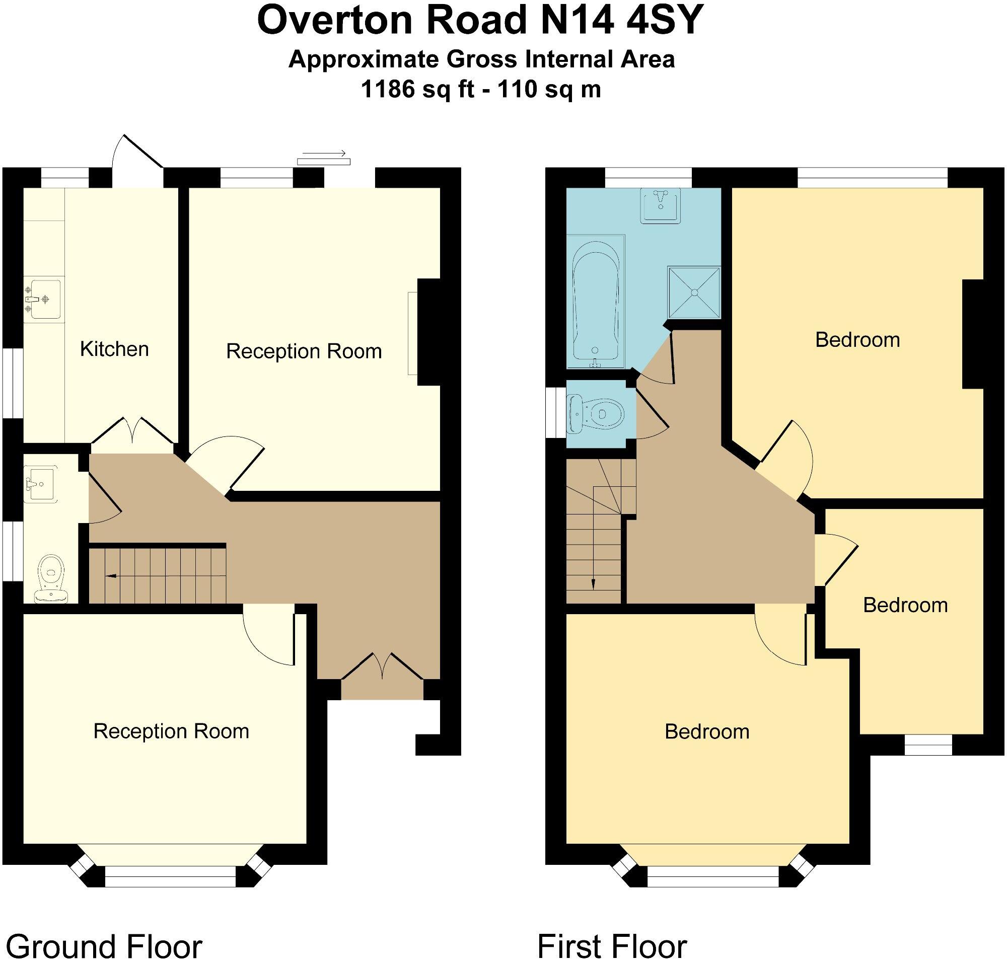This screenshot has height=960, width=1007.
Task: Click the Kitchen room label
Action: [114, 349]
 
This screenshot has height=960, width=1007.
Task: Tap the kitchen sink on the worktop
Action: [44, 300]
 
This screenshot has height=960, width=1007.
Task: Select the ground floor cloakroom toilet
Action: [51, 578]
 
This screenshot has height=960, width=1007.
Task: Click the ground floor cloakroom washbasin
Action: [40, 484]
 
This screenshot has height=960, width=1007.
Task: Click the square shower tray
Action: [694, 292]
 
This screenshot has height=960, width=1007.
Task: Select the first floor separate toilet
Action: [598, 413]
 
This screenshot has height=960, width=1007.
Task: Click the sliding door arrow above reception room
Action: [324, 153]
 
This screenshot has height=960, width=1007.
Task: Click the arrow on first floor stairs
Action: [593, 583]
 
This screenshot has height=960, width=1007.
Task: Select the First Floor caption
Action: [612, 945]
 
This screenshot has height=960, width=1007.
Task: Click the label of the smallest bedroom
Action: [905, 606]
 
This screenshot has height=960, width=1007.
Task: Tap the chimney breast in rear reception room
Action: [429, 332]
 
